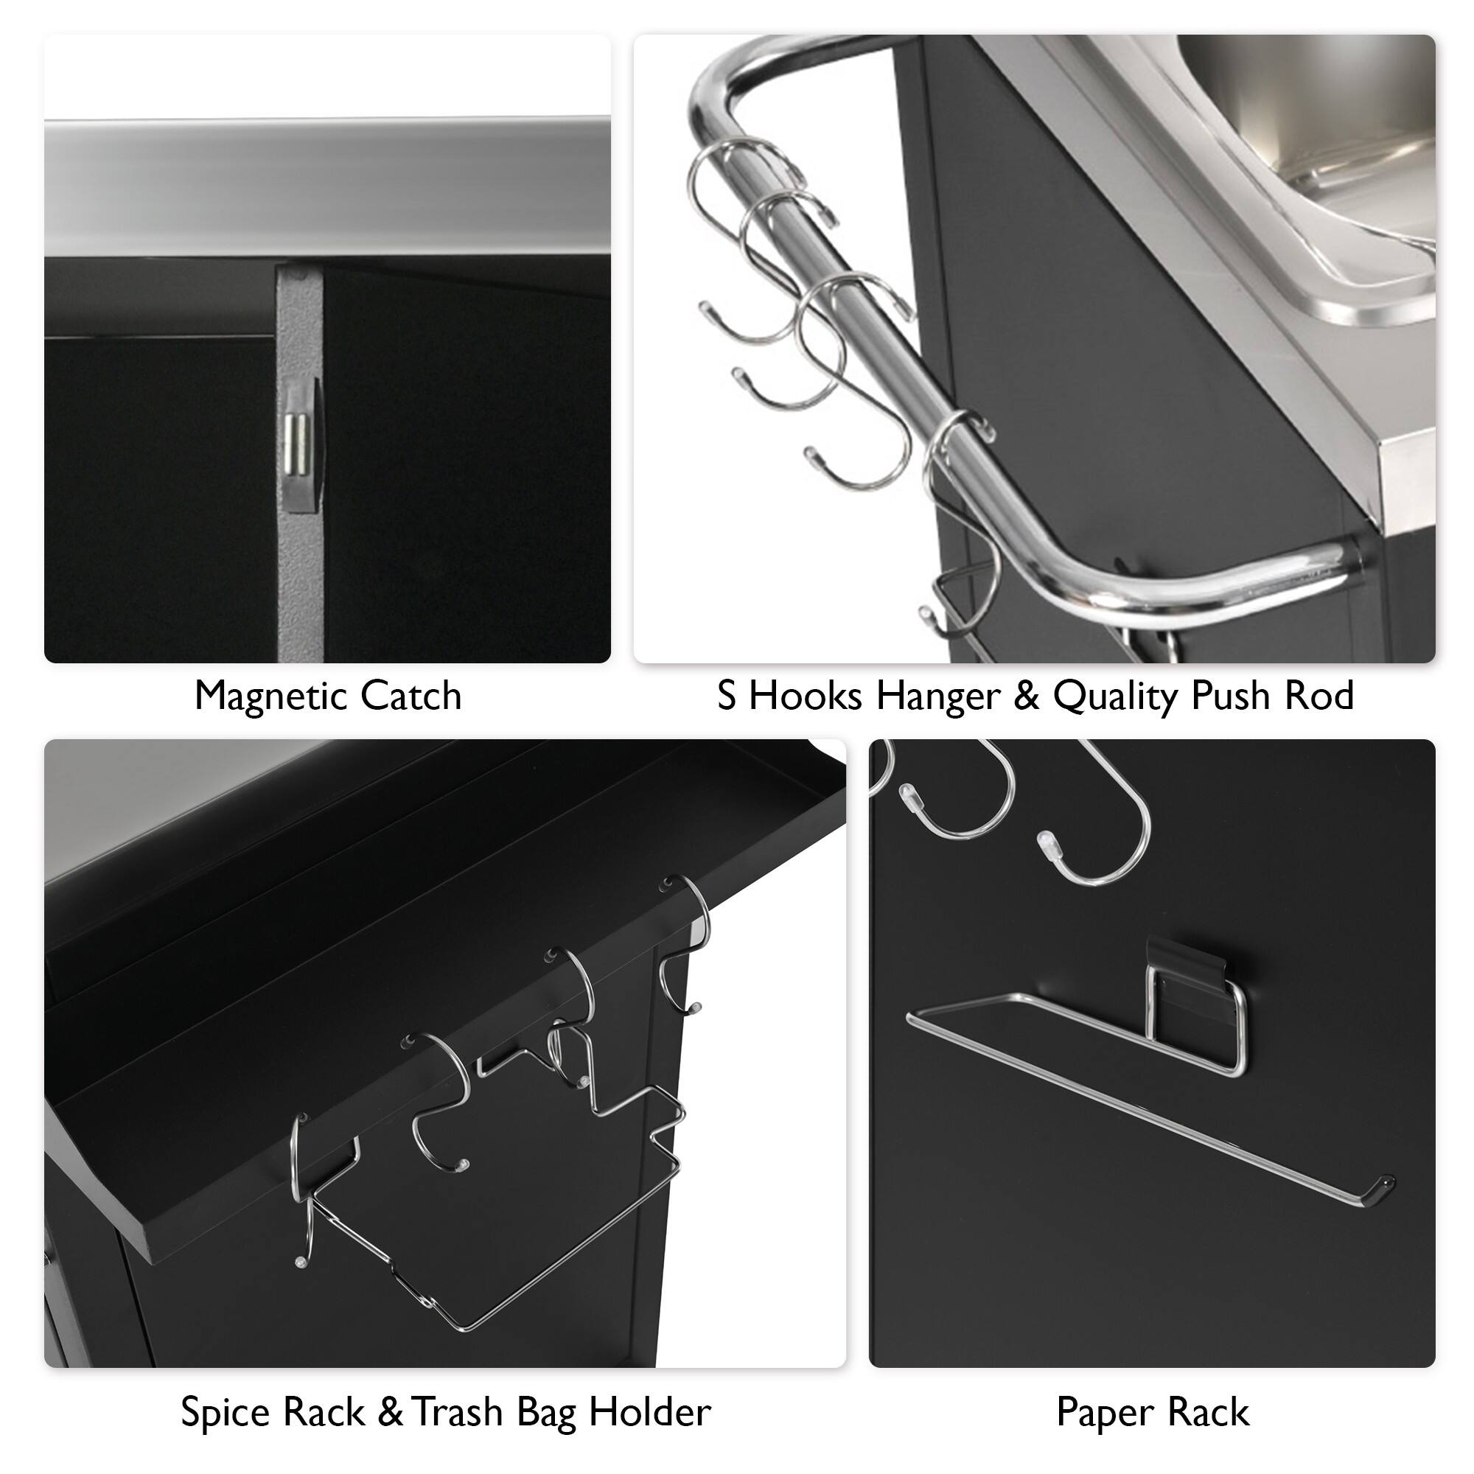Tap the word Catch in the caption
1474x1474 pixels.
(411, 696)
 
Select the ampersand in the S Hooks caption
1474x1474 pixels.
(1025, 696)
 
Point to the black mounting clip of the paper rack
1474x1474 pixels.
(1185, 963)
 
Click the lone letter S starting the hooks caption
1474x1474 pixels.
(727, 696)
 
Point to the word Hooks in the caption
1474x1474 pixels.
(806, 696)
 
